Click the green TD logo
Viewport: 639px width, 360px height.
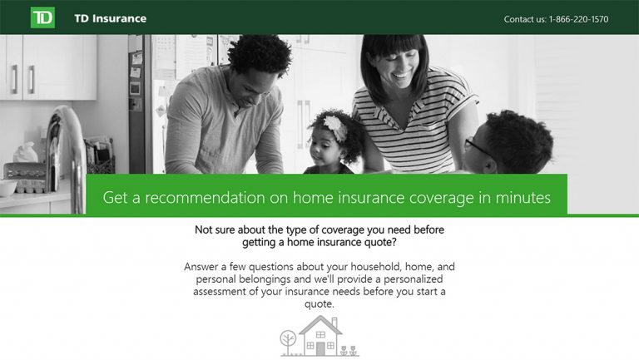pyautogui.click(x=42, y=17)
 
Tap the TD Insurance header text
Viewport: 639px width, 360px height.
pyautogui.click(x=110, y=18)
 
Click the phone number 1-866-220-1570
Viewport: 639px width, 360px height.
pyautogui.click(x=578, y=19)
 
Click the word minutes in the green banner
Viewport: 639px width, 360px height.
pyautogui.click(x=521, y=198)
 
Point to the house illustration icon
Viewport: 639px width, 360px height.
pyautogui.click(x=320, y=336)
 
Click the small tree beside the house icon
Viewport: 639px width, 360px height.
pyautogui.click(x=288, y=341)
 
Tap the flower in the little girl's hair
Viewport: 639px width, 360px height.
pyautogui.click(x=334, y=126)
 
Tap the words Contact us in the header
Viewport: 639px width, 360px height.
pyautogui.click(x=524, y=19)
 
